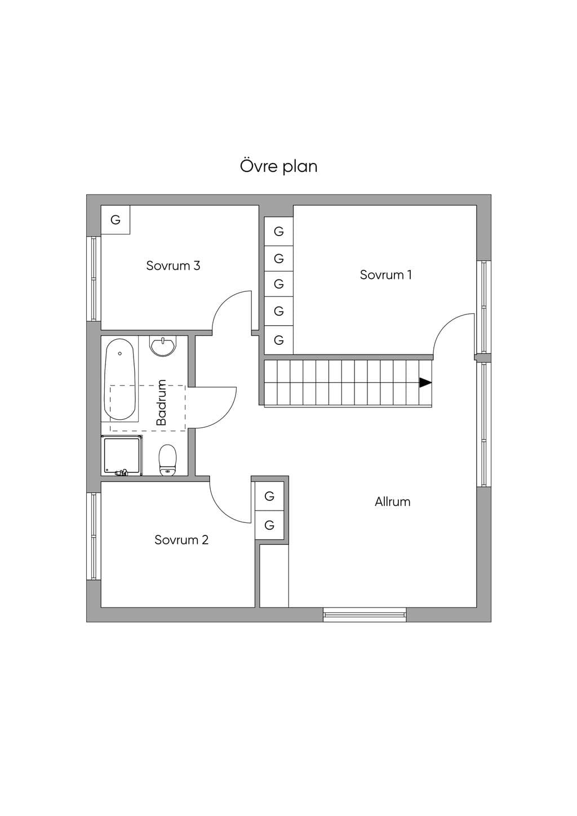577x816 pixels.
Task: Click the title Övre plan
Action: click(279, 166)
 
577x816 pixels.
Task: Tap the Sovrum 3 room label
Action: click(173, 265)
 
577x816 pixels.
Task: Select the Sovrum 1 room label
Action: click(386, 274)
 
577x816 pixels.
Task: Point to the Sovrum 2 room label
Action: click(181, 539)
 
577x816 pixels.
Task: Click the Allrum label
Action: click(393, 502)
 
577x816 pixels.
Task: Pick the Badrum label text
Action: click(161, 402)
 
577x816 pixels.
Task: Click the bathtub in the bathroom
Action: click(120, 380)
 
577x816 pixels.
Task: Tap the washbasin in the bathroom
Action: click(163, 345)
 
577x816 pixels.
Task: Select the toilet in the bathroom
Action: click(167, 460)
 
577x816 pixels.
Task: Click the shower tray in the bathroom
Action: click(122, 455)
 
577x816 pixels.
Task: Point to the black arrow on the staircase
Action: click(425, 383)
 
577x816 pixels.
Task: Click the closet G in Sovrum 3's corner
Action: click(116, 220)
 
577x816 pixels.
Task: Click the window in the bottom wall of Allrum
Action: click(365, 615)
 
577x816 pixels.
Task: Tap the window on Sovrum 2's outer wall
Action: click(94, 536)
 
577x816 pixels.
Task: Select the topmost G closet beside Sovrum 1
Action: click(279, 231)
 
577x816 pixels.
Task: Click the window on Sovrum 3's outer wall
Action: click(94, 279)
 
